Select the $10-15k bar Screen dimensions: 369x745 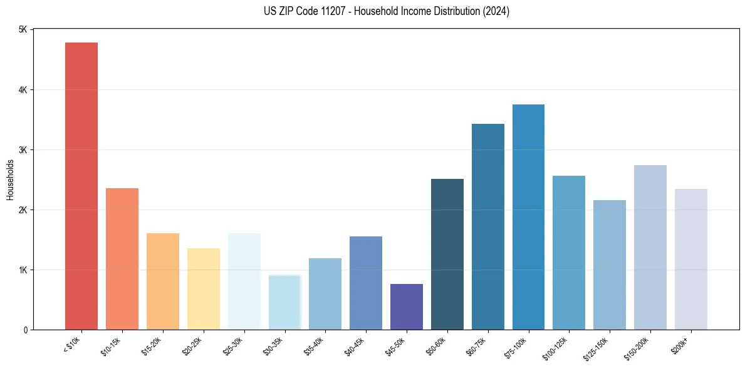pyautogui.click(x=122, y=259)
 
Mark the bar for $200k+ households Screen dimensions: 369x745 pyautogui.click(x=690, y=259)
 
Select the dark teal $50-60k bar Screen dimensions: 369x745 pyautogui.click(x=447, y=254)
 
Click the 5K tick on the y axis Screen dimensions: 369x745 pyautogui.click(x=23, y=30)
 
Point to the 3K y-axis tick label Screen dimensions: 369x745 pyautogui.click(x=23, y=150)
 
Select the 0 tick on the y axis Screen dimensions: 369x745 pyautogui.click(x=25, y=330)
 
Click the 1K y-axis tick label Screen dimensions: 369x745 pyautogui.click(x=23, y=270)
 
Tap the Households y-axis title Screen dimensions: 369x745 pyautogui.click(x=10, y=179)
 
